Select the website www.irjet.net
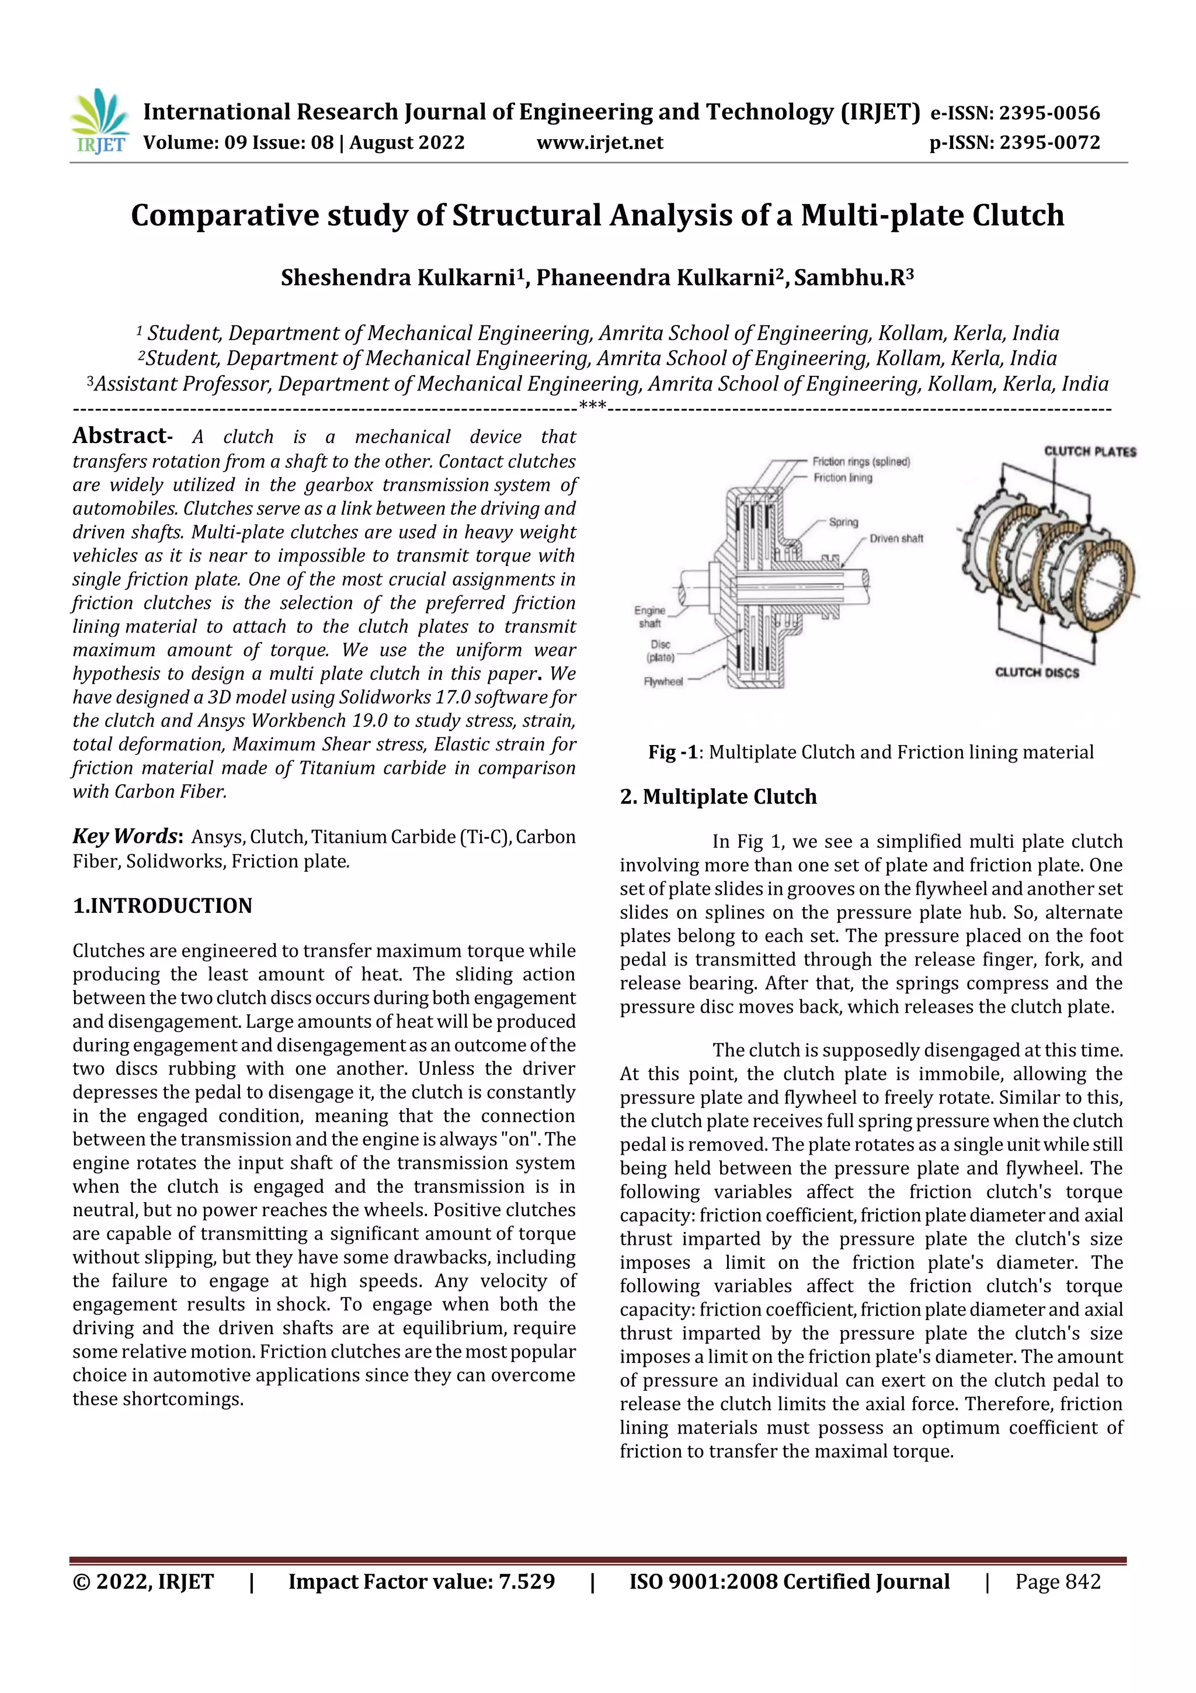pyautogui.click(x=600, y=143)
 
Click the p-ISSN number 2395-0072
pyautogui.click(x=1049, y=143)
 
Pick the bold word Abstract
pyautogui.click(x=119, y=436)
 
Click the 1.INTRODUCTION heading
pyautogui.click(x=162, y=905)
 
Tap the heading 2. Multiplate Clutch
pyautogui.click(x=718, y=797)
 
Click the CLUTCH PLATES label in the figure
pyautogui.click(x=1089, y=451)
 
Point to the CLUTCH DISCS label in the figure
pyautogui.click(x=1036, y=673)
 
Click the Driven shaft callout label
pyautogui.click(x=896, y=538)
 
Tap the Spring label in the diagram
pyautogui.click(x=843, y=522)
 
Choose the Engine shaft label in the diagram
pyautogui.click(x=649, y=617)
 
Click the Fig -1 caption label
pyautogui.click(x=672, y=752)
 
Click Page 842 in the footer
pyautogui.click(x=1057, y=1581)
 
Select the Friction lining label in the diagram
pyautogui.click(x=842, y=478)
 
